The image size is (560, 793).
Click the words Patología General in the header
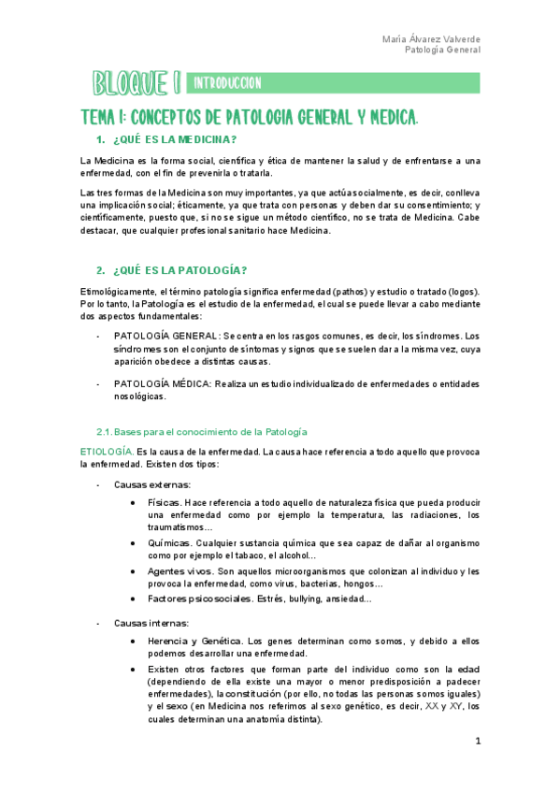[443, 50]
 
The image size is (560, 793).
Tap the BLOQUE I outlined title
[136, 84]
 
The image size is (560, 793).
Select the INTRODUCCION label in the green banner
[227, 84]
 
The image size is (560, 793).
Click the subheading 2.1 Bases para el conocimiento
[201, 432]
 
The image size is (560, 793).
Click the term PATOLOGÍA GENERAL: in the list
[167, 336]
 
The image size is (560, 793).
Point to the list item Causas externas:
[152, 484]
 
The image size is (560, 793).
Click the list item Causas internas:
[151, 623]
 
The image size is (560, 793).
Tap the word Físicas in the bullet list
[165, 502]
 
